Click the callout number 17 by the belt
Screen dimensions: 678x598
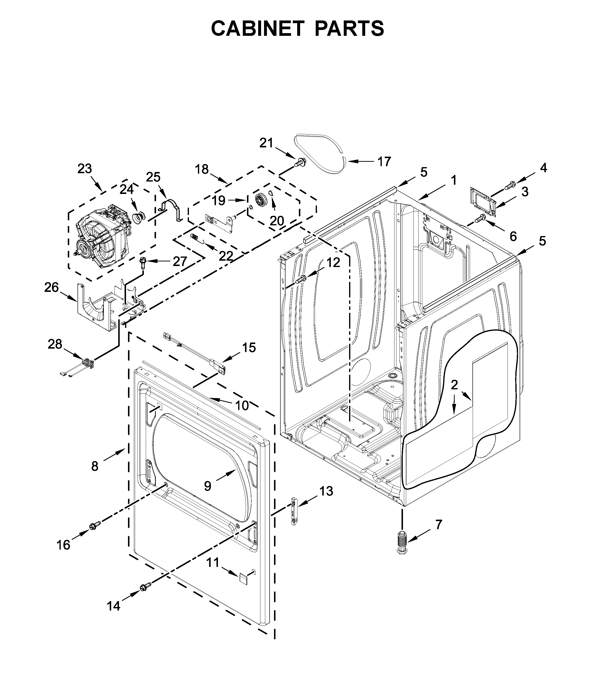[x=384, y=162]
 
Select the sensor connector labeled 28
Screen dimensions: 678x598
[x=87, y=363]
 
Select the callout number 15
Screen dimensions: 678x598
[x=249, y=348]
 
